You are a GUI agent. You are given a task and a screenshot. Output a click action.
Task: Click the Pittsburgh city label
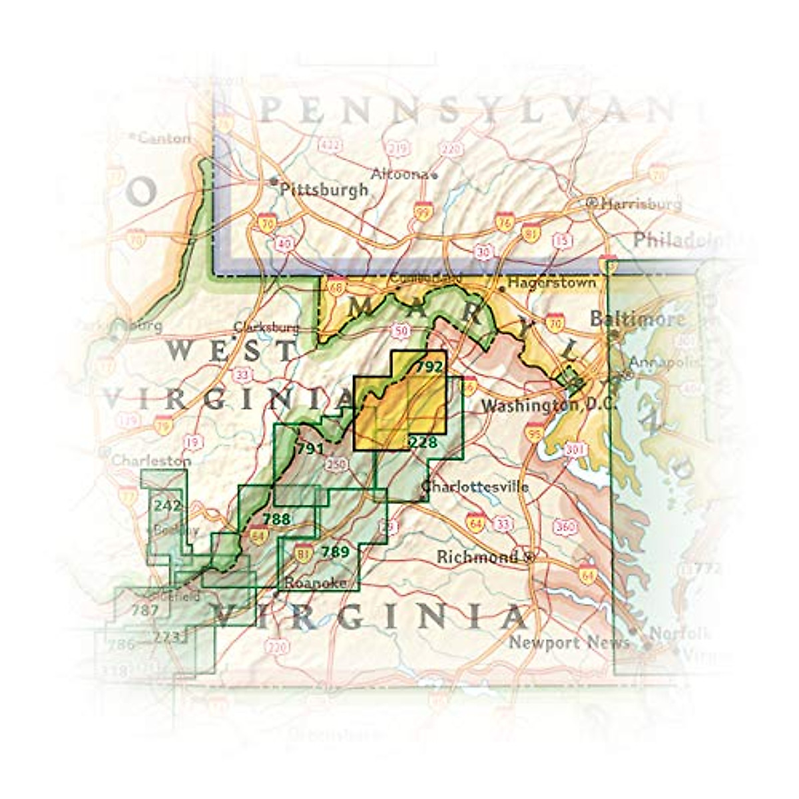[x=324, y=190]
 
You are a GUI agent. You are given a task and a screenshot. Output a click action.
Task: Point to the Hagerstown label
[x=551, y=283]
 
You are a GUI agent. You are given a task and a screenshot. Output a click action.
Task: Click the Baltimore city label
[x=637, y=320]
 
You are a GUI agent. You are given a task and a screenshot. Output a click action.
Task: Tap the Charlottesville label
[x=475, y=487]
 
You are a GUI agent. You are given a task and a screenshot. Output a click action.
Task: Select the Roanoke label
[x=316, y=583]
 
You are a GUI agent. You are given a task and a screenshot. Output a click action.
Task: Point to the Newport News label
[x=569, y=643]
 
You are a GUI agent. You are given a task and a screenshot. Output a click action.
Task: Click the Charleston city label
[x=150, y=461]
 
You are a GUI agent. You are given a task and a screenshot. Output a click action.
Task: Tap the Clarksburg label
[x=266, y=328]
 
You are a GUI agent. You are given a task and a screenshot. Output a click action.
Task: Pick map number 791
[x=310, y=449]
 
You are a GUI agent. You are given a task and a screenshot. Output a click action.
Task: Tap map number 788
[x=276, y=519]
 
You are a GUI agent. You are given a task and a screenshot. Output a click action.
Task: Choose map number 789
[x=335, y=551]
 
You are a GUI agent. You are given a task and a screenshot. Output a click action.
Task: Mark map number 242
[x=167, y=505]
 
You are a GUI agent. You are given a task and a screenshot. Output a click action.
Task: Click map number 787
[x=145, y=610]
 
